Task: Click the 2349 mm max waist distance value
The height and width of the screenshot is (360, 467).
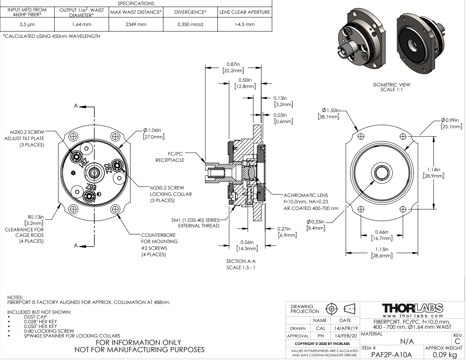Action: point(136,24)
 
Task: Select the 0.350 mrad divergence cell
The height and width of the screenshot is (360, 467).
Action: point(190,24)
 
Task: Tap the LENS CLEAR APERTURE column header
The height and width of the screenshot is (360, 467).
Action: point(245,12)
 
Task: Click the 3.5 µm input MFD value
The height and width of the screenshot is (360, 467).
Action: point(27,24)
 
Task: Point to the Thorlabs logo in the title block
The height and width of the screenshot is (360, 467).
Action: point(412,308)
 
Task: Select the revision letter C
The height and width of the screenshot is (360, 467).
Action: point(458,341)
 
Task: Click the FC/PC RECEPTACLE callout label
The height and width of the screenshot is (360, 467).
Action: point(169,157)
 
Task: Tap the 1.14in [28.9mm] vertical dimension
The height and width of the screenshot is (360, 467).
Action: point(433,172)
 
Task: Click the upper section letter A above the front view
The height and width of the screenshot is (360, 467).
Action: point(75,107)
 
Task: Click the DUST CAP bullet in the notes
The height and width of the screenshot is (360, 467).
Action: point(35,317)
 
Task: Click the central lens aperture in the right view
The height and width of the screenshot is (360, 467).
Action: point(382,172)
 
